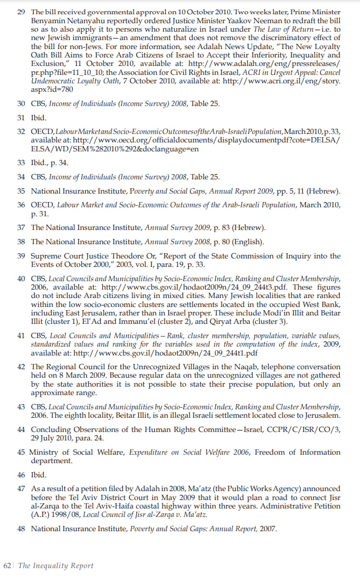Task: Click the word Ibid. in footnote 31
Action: coord(40,117)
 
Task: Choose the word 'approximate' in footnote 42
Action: coord(53,393)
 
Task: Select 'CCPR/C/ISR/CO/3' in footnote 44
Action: coord(306,429)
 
